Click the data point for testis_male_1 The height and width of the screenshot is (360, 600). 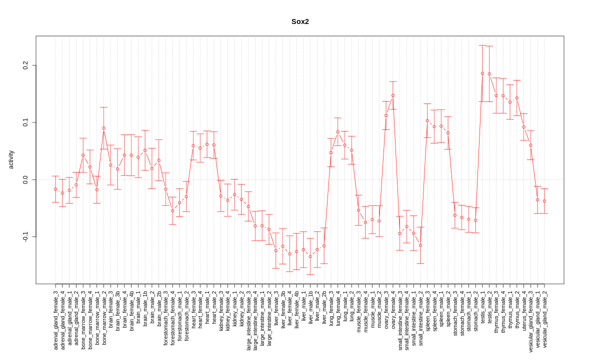coord(482,73)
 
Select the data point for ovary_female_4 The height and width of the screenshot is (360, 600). coord(393,95)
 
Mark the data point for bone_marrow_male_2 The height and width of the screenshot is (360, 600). coord(103,128)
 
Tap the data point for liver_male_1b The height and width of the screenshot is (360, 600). coord(310,256)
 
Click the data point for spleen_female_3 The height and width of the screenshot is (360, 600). coord(427,120)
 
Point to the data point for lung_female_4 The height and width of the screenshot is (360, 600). coord(338,132)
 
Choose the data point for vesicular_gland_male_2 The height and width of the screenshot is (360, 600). coord(544,201)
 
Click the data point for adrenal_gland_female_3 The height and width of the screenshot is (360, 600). coord(55,189)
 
